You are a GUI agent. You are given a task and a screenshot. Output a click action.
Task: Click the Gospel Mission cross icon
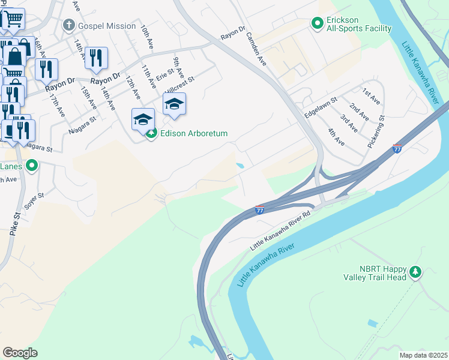(x=69, y=25)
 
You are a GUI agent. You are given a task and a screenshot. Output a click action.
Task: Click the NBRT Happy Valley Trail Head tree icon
(x=415, y=273)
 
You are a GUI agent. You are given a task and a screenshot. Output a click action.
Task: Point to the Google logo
(x=20, y=353)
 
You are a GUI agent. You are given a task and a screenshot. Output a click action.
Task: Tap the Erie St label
(x=164, y=76)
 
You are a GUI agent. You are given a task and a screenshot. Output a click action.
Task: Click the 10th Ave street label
(x=146, y=36)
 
